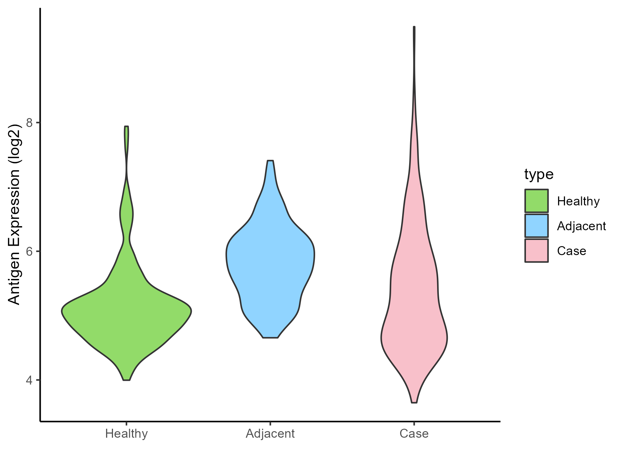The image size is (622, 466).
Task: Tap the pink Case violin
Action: click(x=414, y=311)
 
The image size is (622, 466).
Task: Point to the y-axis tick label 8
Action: click(x=29, y=123)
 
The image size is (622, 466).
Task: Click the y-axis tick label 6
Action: click(x=29, y=251)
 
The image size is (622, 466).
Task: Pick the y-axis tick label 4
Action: click(x=29, y=380)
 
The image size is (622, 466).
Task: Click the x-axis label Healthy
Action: click(x=126, y=434)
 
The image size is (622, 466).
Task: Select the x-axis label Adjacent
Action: click(x=270, y=434)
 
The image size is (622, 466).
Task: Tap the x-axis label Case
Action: click(x=414, y=434)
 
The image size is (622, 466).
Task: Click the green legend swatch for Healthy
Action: click(x=536, y=201)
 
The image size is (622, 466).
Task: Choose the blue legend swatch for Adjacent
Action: click(x=536, y=226)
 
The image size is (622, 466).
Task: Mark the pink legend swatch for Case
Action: click(x=536, y=251)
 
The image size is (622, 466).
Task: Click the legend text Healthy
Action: click(x=578, y=201)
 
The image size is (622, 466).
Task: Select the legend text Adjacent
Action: click(x=581, y=226)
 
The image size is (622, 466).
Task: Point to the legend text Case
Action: click(x=571, y=251)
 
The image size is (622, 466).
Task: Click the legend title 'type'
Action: click(x=539, y=174)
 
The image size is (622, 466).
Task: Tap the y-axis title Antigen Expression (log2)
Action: click(x=15, y=214)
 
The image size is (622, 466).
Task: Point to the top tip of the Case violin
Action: click(x=414, y=27)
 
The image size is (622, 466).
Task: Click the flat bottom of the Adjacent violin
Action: click(x=270, y=337)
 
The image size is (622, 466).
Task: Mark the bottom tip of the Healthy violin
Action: click(x=126, y=380)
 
